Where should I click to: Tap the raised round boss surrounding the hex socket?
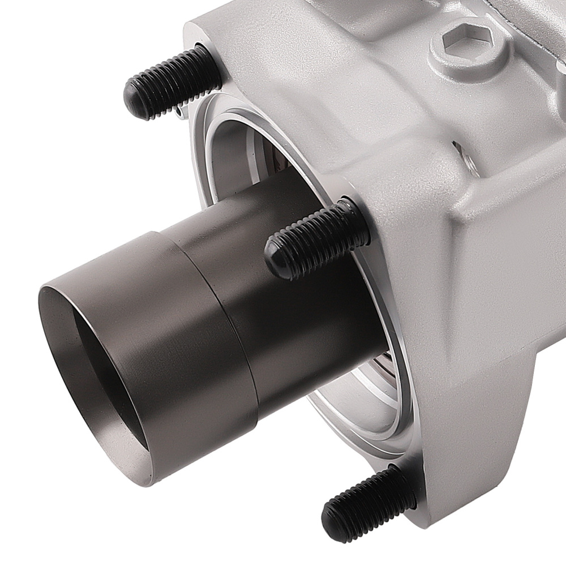[447, 57]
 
